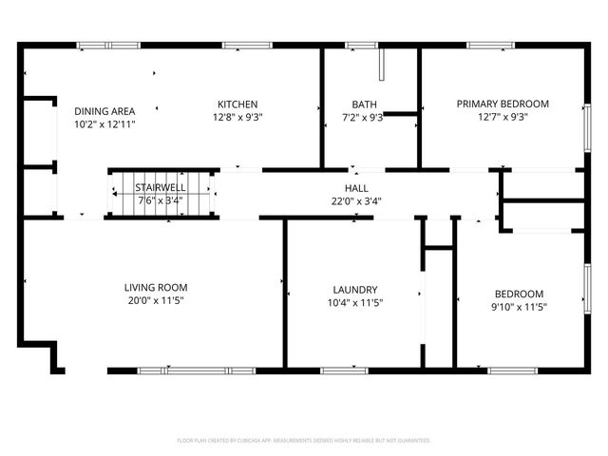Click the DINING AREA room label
click(104, 110)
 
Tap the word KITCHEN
click(237, 104)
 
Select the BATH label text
click(363, 104)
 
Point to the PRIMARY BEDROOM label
click(503, 104)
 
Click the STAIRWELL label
click(160, 188)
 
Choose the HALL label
click(356, 188)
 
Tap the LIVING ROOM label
click(156, 287)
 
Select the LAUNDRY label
click(356, 290)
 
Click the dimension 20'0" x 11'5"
click(156, 300)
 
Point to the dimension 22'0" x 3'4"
click(356, 200)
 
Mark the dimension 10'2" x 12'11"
click(104, 123)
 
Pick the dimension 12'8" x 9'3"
click(237, 118)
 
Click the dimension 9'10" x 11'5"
click(519, 306)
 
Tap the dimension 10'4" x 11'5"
click(356, 303)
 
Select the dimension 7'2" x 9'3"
click(363, 118)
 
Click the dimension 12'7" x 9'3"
click(503, 118)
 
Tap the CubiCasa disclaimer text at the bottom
click(304, 441)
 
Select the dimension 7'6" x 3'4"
click(160, 200)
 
